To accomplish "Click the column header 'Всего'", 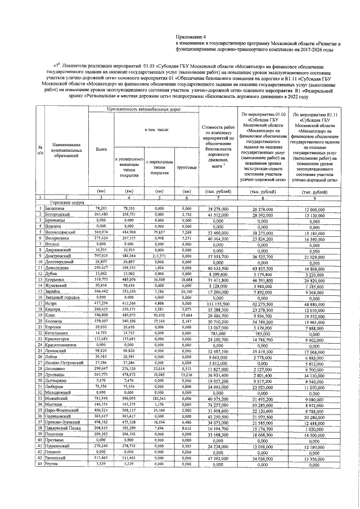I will click(x=102, y=149).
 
